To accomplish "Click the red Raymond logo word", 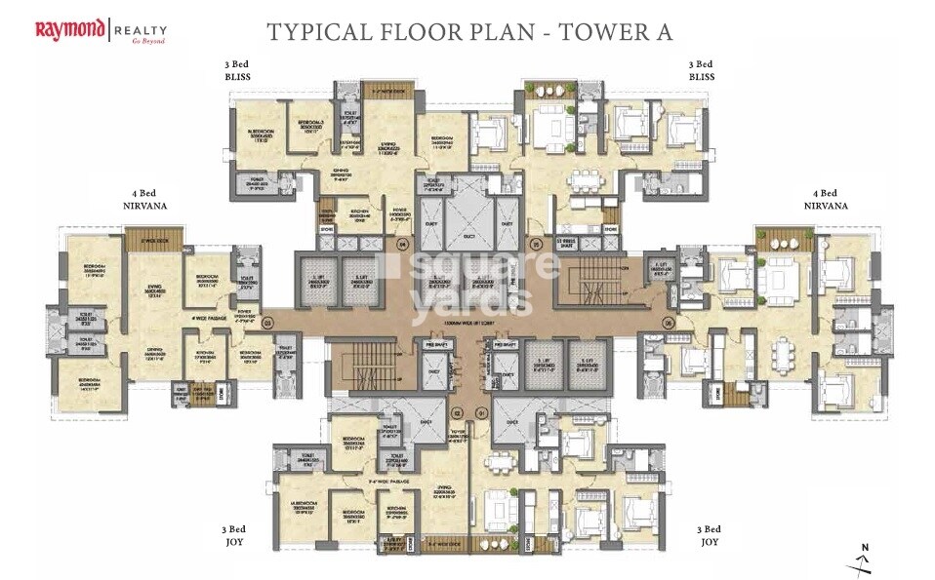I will (x=70, y=30).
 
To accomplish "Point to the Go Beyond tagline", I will (x=147, y=42).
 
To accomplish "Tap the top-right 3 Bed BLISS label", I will (x=698, y=70).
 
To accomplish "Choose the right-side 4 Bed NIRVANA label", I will (x=826, y=199).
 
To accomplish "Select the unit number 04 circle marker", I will (x=403, y=243).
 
